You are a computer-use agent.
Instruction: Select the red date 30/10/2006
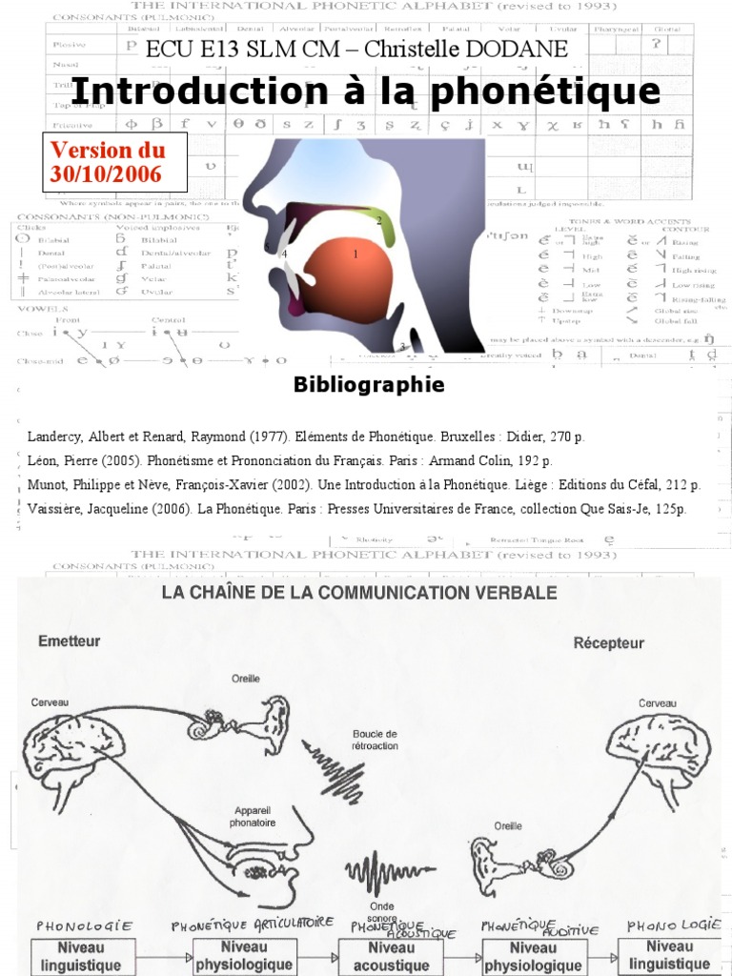click(106, 173)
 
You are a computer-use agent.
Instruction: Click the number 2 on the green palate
click(379, 221)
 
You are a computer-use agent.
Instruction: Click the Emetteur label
click(69, 641)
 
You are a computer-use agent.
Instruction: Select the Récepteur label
click(608, 642)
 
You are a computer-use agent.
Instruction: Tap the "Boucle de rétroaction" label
click(375, 740)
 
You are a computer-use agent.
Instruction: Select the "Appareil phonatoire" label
click(254, 816)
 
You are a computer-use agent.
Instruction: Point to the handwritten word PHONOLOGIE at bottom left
click(83, 925)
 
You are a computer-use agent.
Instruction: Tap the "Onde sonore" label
click(381, 912)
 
